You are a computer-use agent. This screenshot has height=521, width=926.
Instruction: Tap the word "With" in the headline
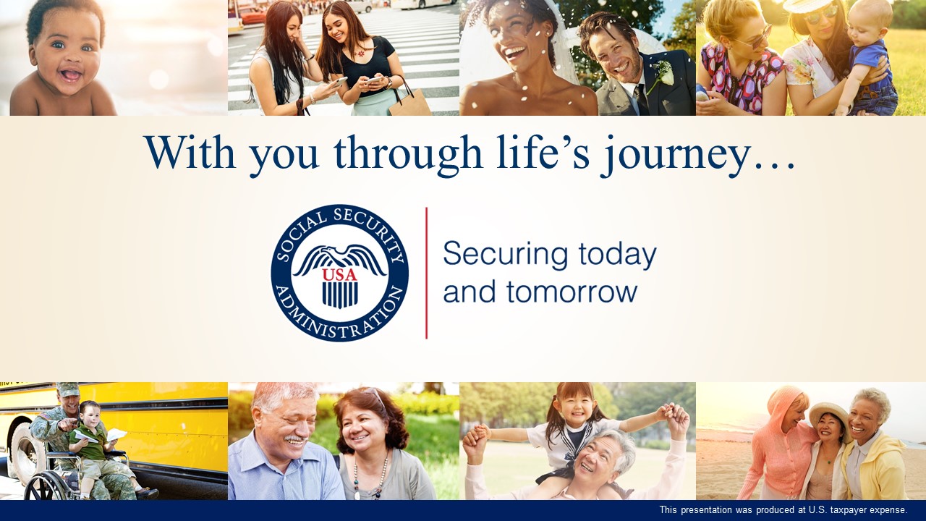tap(190, 152)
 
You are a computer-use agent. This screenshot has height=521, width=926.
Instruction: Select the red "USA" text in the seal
tap(339, 275)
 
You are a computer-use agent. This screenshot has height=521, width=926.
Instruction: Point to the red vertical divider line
tap(426, 273)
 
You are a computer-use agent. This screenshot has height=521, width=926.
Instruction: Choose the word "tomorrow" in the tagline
tap(572, 292)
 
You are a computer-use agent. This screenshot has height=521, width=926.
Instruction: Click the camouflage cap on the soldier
tap(67, 389)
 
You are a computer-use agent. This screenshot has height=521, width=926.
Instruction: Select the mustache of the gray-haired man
tap(296, 439)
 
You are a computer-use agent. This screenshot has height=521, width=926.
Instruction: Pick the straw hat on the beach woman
tap(829, 415)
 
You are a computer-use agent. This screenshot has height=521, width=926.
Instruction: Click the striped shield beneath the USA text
tap(340, 295)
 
